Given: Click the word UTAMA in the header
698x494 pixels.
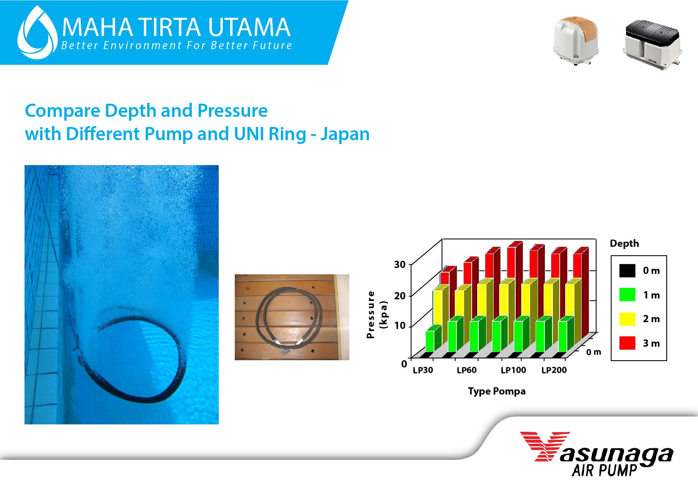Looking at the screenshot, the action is point(249,28).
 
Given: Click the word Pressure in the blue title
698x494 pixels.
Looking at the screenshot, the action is point(233,111).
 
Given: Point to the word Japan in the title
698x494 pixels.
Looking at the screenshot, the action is point(345,135).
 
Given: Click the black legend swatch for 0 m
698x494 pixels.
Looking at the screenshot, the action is point(627,270).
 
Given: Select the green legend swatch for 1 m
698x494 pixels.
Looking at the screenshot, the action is point(627,295).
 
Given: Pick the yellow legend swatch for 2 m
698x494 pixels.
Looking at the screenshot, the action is point(627,319).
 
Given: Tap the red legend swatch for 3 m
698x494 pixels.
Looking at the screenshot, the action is point(627,343).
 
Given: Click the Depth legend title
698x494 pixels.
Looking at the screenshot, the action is point(624,243).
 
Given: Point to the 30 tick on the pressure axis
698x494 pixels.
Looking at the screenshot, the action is point(400,265).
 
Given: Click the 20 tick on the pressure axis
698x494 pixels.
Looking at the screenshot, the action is point(400,295).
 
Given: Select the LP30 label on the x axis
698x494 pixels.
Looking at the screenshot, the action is point(423,370).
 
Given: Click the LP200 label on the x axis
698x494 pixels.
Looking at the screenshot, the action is point(554,370).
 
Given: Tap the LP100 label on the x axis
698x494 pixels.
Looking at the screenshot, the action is point(514,370).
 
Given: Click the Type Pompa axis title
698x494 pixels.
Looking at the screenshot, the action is point(497,392).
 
